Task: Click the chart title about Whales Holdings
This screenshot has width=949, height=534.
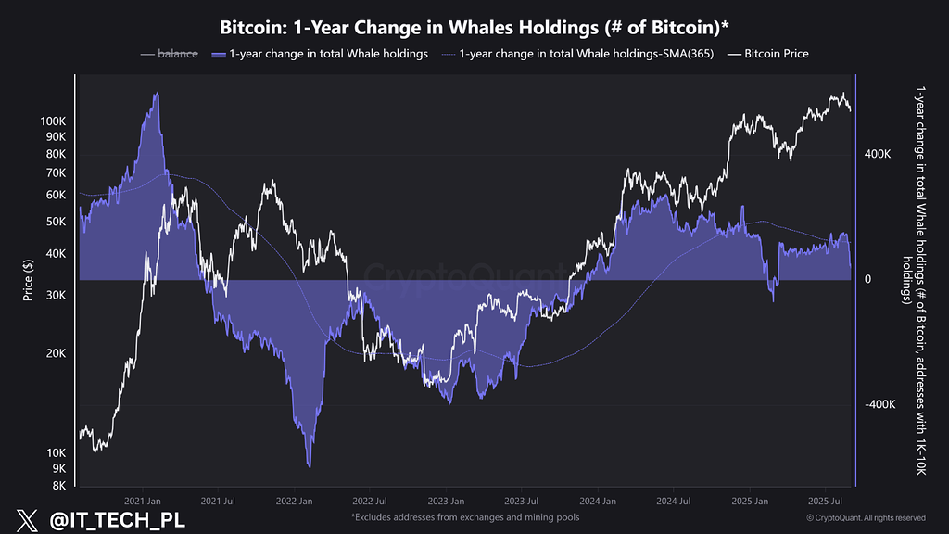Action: (474, 24)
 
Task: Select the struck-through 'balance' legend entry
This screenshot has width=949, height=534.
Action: (176, 54)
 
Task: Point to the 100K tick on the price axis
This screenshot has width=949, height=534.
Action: (53, 121)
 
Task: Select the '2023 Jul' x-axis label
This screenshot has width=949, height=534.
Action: (520, 501)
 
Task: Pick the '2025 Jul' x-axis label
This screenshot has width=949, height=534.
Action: (823, 501)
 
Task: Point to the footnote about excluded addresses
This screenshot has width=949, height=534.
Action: (465, 516)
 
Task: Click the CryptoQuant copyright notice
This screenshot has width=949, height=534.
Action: (866, 517)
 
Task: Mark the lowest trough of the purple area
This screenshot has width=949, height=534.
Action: (309, 466)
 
